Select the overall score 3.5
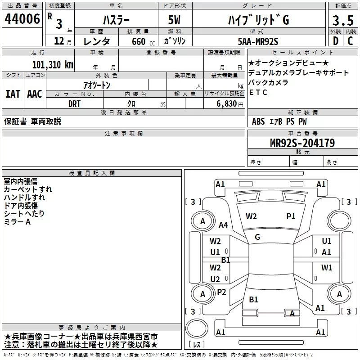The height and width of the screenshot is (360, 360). tap(342, 20)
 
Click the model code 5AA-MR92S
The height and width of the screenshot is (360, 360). tap(257, 41)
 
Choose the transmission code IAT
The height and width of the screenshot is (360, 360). tap(13, 94)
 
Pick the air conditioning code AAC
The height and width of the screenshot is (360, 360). tap(34, 94)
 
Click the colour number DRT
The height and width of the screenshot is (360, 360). tap(74, 103)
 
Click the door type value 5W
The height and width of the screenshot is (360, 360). tap(175, 20)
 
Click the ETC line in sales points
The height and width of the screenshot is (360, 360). tap(258, 93)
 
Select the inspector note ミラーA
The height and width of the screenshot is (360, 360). tap(17, 222)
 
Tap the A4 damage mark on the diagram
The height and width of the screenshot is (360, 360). tap(224, 225)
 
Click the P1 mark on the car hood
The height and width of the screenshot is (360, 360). tap(291, 216)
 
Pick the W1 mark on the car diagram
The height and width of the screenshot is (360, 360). tap(327, 268)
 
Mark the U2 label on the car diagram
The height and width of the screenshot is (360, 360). tap(216, 279)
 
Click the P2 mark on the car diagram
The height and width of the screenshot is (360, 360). tap(221, 292)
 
